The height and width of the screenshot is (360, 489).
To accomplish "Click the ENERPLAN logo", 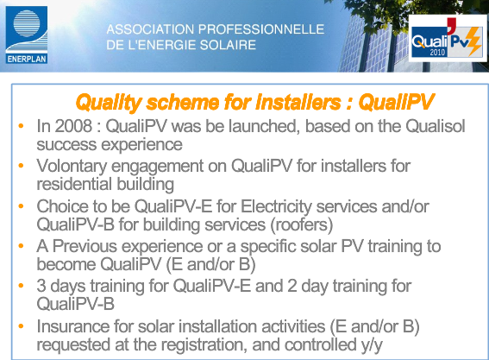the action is pos(27,35).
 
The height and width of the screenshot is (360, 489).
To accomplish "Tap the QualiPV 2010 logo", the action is pos(447,38).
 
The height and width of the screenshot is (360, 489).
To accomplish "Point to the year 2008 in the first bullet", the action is pos(73,126).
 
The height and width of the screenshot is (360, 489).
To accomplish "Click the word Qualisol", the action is pos(436,126).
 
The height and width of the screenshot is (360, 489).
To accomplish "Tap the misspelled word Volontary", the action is pos(72,167).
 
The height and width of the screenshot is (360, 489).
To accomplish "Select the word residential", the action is pos(74,184).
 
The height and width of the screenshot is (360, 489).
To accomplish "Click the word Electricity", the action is pos(276,207).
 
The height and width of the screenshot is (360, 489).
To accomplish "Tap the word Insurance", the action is pos(73,326).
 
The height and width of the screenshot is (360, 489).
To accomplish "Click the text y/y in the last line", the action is pos(372,345).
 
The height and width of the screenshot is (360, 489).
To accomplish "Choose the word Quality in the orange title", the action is pos(109,103).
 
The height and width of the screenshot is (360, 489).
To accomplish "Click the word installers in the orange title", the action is pos(298,102).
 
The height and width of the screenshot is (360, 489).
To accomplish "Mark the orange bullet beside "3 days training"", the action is pos(21,286).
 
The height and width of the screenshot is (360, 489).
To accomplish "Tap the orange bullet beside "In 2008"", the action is pos(21,126).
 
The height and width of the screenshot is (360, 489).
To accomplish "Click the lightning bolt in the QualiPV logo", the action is pos(474,41).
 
